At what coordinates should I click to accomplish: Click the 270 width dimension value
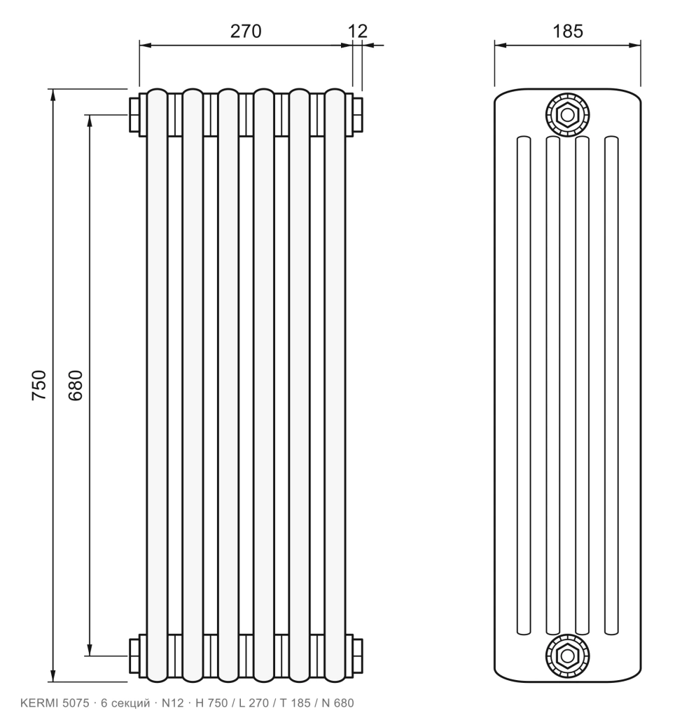pyautogui.click(x=246, y=31)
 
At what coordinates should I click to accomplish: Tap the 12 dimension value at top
pyautogui.click(x=358, y=31)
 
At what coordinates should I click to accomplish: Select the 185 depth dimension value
pyautogui.click(x=568, y=31)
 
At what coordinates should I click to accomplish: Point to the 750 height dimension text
pyautogui.click(x=39, y=385)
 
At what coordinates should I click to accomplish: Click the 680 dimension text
pyautogui.click(x=76, y=385)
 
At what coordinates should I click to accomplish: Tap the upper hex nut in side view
pyautogui.click(x=567, y=114)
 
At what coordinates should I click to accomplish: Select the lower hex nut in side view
pyautogui.click(x=567, y=656)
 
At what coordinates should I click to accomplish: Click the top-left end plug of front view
pyautogui.click(x=134, y=114)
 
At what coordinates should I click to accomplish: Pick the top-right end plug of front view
pyautogui.click(x=358, y=114)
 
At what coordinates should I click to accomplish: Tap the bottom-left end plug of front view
pyautogui.click(x=134, y=656)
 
